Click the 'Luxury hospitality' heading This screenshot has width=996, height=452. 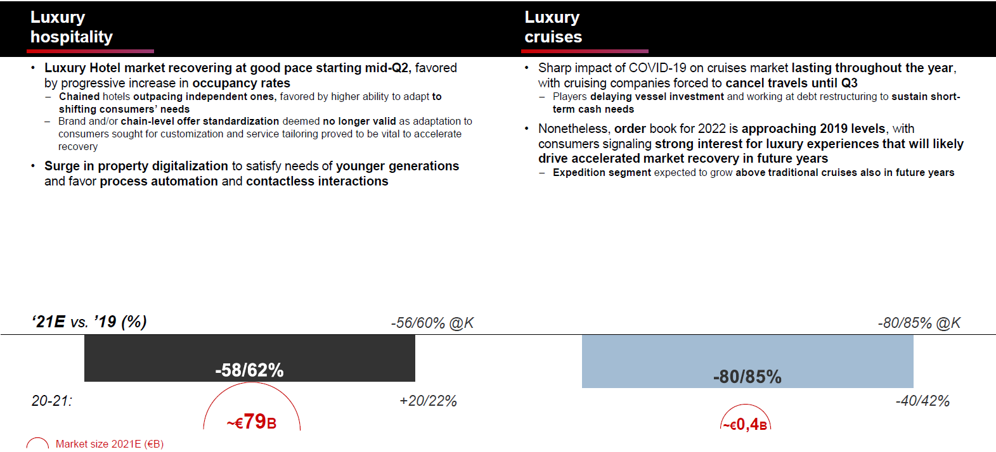[71, 27]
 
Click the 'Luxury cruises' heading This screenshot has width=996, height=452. [553, 27]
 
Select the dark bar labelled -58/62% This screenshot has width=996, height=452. [249, 358]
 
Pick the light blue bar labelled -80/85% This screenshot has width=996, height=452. [747, 361]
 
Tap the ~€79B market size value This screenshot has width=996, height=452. [252, 422]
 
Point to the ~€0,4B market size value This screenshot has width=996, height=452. [746, 424]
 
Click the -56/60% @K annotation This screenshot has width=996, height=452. [432, 323]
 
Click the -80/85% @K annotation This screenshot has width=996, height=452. [919, 323]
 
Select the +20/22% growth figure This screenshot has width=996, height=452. [428, 401]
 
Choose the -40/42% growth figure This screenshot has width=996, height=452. [922, 401]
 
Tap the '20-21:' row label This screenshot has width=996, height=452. [52, 401]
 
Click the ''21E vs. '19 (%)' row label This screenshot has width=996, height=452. [89, 322]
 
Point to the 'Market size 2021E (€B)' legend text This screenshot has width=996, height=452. [110, 444]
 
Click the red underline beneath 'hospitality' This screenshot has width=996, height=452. [92, 51]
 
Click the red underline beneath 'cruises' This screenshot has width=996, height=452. [585, 51]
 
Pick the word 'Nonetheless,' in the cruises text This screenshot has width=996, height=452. [574, 129]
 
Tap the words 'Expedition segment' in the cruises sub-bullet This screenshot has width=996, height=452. [602, 173]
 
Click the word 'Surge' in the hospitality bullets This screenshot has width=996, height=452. [61, 166]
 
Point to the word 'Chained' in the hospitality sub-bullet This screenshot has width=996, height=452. [79, 96]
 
